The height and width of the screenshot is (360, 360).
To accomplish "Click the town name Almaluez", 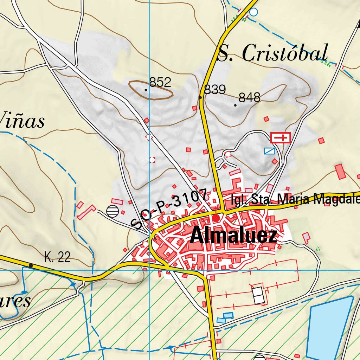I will tap(233, 236).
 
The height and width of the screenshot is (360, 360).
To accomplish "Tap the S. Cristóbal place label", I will tap(273, 53).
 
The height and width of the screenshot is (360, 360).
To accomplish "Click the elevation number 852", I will tap(160, 82).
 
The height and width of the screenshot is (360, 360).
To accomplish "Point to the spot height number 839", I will tap(215, 90).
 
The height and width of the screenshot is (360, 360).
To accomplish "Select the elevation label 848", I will tap(249, 97).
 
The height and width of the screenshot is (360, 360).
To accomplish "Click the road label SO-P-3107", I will tap(168, 208).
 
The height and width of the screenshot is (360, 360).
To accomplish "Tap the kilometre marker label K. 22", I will tap(57, 257).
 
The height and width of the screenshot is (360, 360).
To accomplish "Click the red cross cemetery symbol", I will tap(281, 137).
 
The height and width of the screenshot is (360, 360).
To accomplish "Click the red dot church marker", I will tap(216, 218).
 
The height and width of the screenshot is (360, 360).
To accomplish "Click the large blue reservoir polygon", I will tap(329, 327).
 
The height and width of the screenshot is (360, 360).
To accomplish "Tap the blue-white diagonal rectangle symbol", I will tap(270, 151).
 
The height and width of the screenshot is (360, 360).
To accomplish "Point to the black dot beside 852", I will tap(146, 90).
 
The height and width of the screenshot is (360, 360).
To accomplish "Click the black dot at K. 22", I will tap(31, 265).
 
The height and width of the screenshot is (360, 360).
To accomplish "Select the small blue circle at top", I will tap(253, 12).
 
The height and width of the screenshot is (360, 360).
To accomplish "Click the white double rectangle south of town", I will tap(258, 295).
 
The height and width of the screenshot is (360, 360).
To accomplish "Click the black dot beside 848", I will tap(235, 105).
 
